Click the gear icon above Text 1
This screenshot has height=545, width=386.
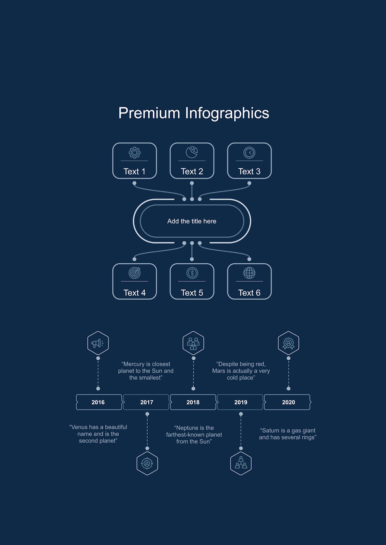[134, 153]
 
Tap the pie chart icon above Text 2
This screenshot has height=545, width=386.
[192, 152]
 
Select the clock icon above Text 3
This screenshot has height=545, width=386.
[249, 153]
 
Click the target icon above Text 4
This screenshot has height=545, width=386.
[134, 273]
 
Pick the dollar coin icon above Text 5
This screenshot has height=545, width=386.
[192, 273]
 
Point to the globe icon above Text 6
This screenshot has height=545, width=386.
[249, 273]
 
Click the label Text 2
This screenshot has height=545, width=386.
[192, 172]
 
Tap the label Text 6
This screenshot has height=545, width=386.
[249, 293]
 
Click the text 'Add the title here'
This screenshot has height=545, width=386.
[192, 221]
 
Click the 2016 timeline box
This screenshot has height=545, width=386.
[99, 402]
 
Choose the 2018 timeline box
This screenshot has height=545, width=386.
[193, 402]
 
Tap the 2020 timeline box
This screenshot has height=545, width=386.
[287, 402]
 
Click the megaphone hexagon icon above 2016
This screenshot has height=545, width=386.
[98, 343]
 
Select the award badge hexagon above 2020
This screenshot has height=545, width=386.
[288, 343]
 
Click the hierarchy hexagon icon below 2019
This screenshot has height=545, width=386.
[241, 464]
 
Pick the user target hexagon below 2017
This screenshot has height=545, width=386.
[147, 464]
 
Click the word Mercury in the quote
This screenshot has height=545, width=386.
[134, 364]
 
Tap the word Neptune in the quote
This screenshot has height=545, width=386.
[186, 428]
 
